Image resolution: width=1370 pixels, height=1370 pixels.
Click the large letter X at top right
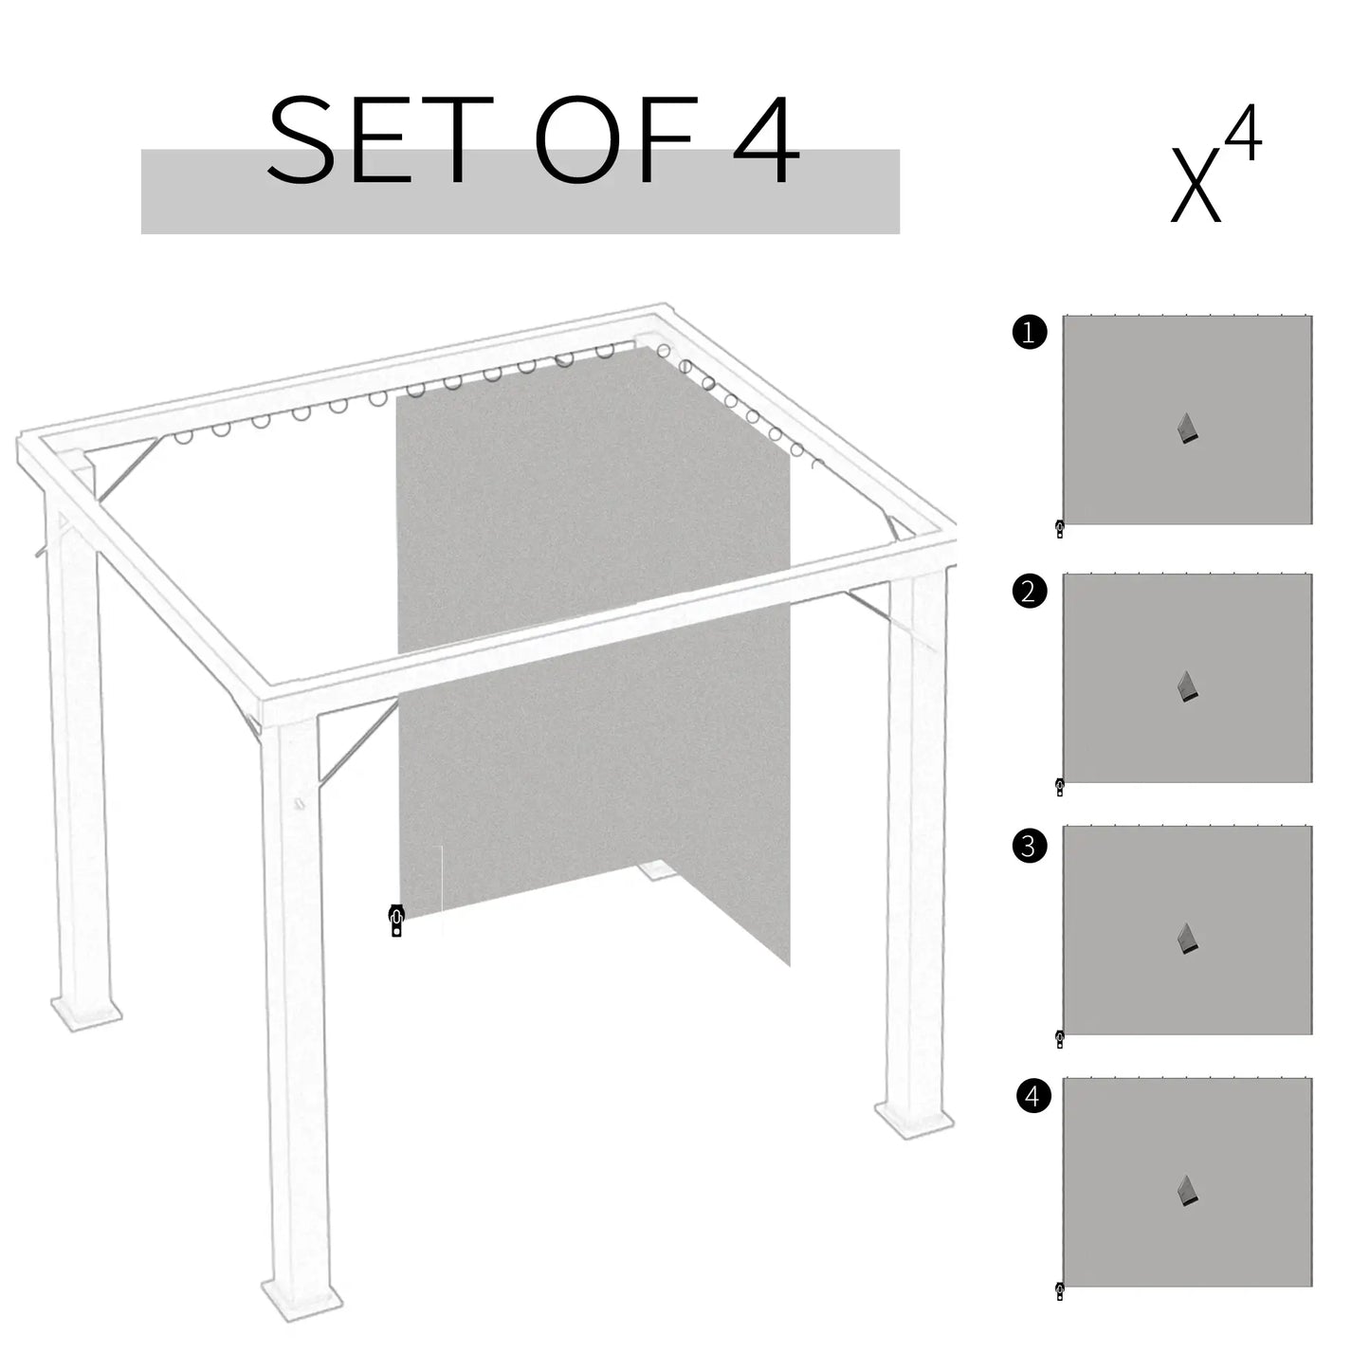click(1195, 187)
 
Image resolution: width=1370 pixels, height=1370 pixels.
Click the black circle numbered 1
click(1030, 333)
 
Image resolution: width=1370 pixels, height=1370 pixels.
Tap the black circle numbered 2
click(1030, 592)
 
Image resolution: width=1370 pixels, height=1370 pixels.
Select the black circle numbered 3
click(1030, 845)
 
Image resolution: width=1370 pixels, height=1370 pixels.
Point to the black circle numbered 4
click(1032, 1097)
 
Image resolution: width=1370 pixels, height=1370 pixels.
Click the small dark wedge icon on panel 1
click(1188, 429)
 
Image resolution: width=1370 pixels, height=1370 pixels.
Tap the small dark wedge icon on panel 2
click(1188, 687)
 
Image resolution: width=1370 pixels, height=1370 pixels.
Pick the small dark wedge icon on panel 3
click(1188, 939)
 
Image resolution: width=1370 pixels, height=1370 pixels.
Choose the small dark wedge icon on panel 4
click(1188, 1192)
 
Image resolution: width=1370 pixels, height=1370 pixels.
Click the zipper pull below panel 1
click(1060, 529)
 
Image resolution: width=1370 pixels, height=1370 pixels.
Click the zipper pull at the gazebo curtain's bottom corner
click(396, 921)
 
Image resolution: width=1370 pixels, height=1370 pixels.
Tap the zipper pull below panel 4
click(1060, 1291)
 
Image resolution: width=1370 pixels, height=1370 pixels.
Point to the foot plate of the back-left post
click(85, 1013)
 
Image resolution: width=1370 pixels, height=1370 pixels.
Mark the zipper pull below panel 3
click(1060, 1039)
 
